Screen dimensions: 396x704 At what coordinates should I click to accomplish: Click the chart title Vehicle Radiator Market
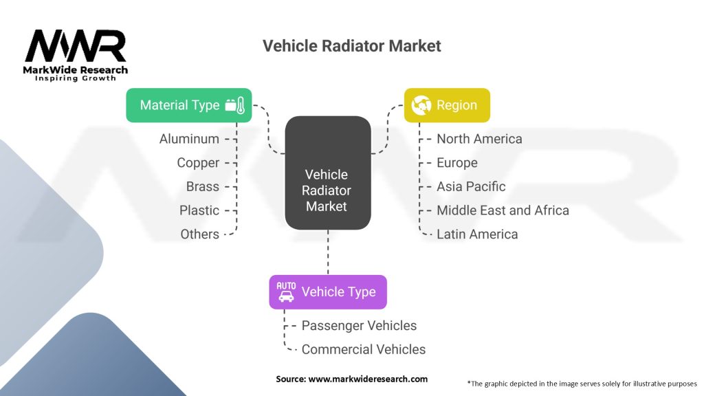pyautogui.click(x=351, y=46)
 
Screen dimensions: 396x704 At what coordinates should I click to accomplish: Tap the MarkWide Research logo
pyautogui.click(x=76, y=55)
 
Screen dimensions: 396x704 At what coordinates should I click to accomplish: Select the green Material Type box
pyautogui.click(x=188, y=105)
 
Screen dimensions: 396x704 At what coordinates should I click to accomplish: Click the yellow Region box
pyautogui.click(x=446, y=105)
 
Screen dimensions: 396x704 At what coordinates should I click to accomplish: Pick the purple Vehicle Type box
pyautogui.click(x=327, y=292)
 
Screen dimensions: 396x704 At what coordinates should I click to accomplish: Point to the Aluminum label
pyautogui.click(x=189, y=139)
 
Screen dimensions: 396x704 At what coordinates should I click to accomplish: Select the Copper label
pyautogui.click(x=198, y=163)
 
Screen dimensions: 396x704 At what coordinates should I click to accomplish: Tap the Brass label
pyautogui.click(x=202, y=186)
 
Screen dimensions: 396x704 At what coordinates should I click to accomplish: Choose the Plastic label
pyautogui.click(x=199, y=210)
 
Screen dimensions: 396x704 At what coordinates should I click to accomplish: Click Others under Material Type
pyautogui.click(x=199, y=234)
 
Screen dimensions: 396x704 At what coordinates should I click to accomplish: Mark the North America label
pyautogui.click(x=479, y=139)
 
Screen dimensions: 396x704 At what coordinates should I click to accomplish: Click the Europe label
pyautogui.click(x=456, y=163)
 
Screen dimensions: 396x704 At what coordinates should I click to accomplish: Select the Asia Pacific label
pyautogui.click(x=471, y=186)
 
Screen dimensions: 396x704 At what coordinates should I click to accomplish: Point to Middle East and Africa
pyautogui.click(x=503, y=210)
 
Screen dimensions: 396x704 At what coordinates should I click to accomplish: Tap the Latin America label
pyautogui.click(x=477, y=234)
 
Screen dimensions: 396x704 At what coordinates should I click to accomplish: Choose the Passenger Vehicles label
pyautogui.click(x=359, y=325)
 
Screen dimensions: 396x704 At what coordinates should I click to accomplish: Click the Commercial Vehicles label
pyautogui.click(x=363, y=349)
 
